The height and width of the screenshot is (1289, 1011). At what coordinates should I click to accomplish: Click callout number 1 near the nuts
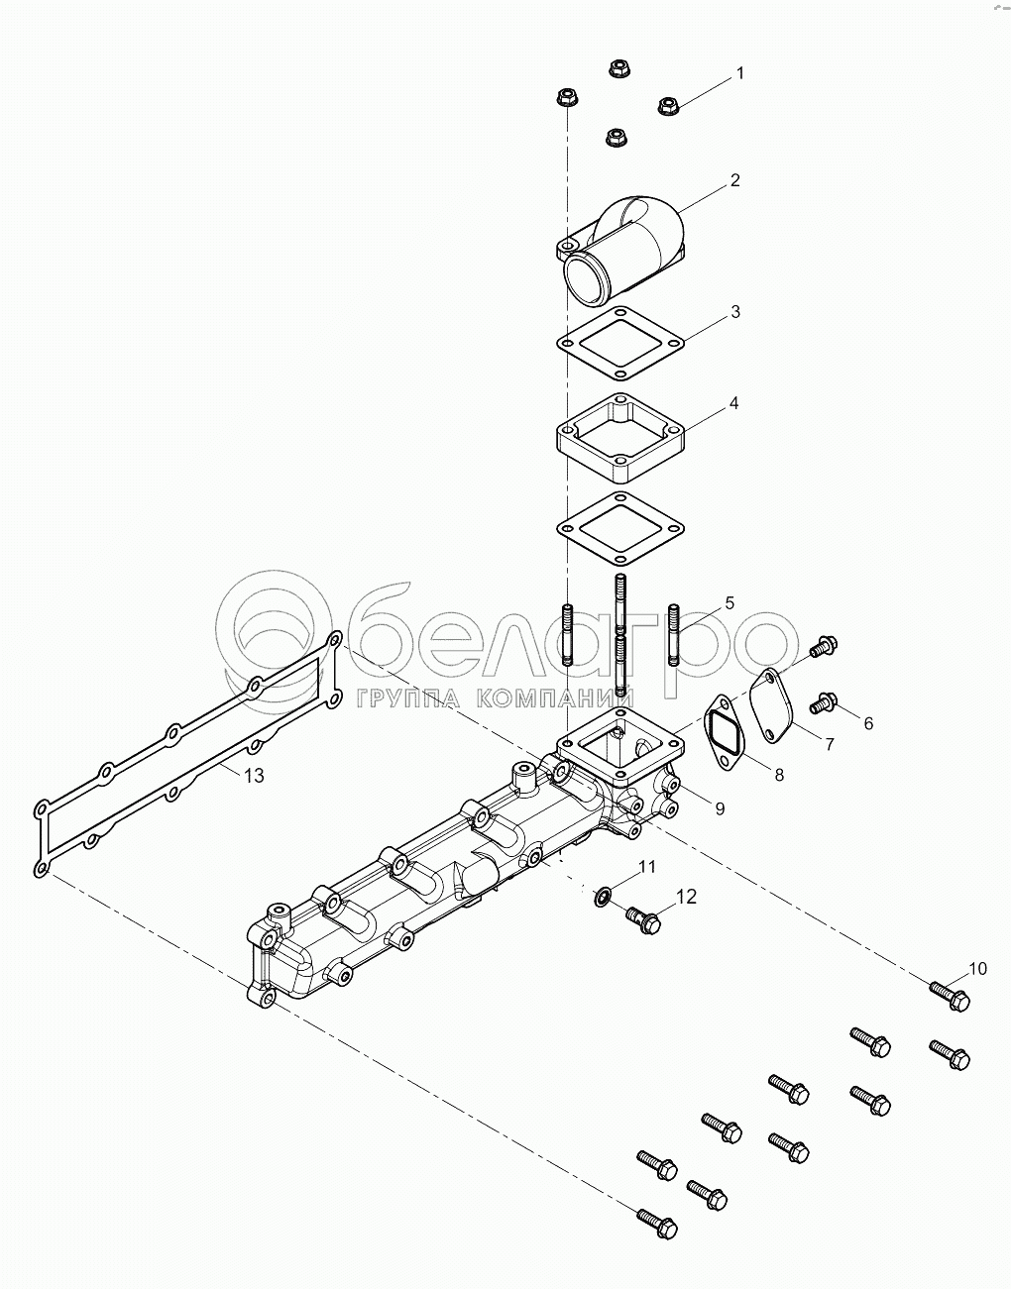(x=739, y=73)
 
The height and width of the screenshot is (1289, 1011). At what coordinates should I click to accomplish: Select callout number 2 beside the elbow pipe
(x=735, y=180)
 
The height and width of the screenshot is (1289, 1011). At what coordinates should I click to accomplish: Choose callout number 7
(x=830, y=743)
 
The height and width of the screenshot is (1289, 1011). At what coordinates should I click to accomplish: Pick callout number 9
(x=720, y=808)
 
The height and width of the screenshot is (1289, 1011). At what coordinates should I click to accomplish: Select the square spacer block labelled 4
(x=620, y=445)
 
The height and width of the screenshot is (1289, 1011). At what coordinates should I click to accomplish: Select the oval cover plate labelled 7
(x=775, y=705)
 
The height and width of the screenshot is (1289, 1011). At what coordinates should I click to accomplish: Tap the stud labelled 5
(x=675, y=634)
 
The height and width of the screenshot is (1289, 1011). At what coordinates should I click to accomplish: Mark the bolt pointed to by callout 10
(x=950, y=997)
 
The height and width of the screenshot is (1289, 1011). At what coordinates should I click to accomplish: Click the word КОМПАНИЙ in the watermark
(x=556, y=698)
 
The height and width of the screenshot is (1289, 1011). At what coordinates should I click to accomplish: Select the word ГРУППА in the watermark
(x=408, y=699)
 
